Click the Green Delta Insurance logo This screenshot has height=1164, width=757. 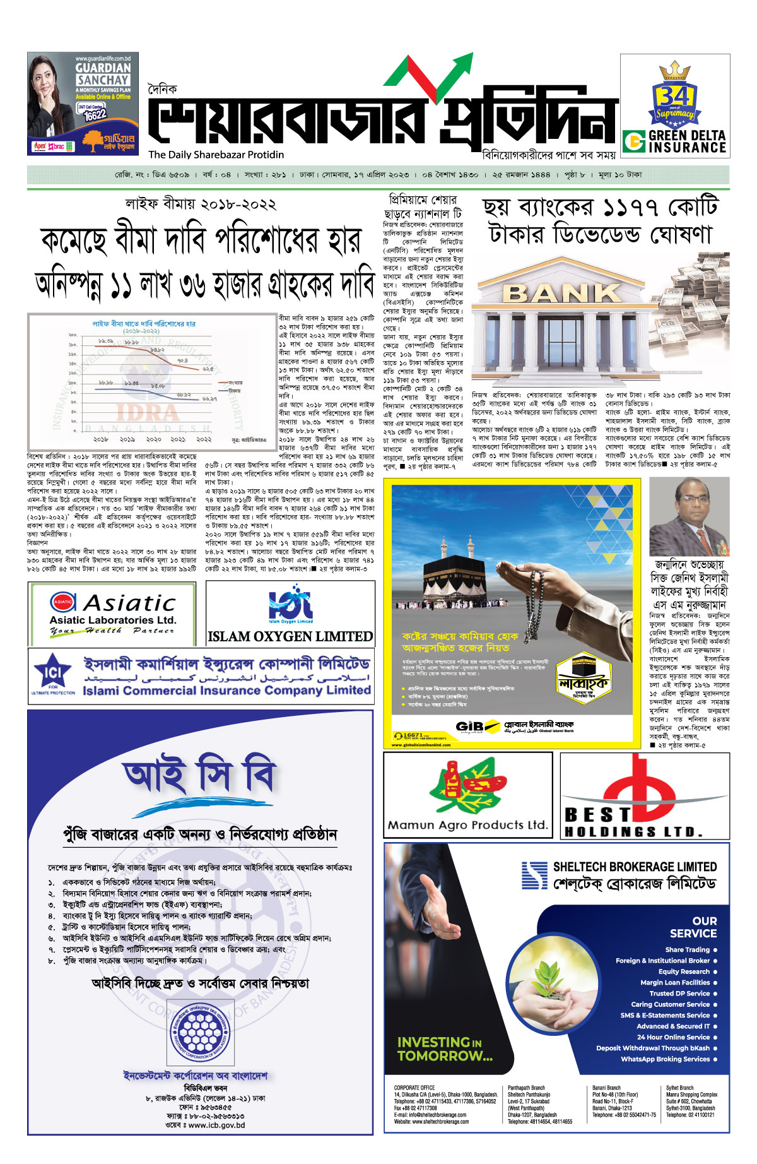coord(674,141)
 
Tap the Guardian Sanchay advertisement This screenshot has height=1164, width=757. coord(74,103)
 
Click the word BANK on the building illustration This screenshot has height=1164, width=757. coord(563,293)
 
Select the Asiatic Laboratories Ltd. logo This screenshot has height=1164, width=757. coord(112,612)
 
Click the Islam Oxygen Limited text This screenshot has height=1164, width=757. coord(290,636)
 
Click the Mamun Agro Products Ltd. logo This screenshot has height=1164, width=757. coord(467,795)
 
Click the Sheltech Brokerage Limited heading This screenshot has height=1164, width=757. coord(635,867)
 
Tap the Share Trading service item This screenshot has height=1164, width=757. coord(687,949)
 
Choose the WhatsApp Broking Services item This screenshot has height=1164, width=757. coord(665,1059)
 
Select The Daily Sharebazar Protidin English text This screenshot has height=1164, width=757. coord(216,155)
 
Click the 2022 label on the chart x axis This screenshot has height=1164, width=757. coord(204,439)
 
